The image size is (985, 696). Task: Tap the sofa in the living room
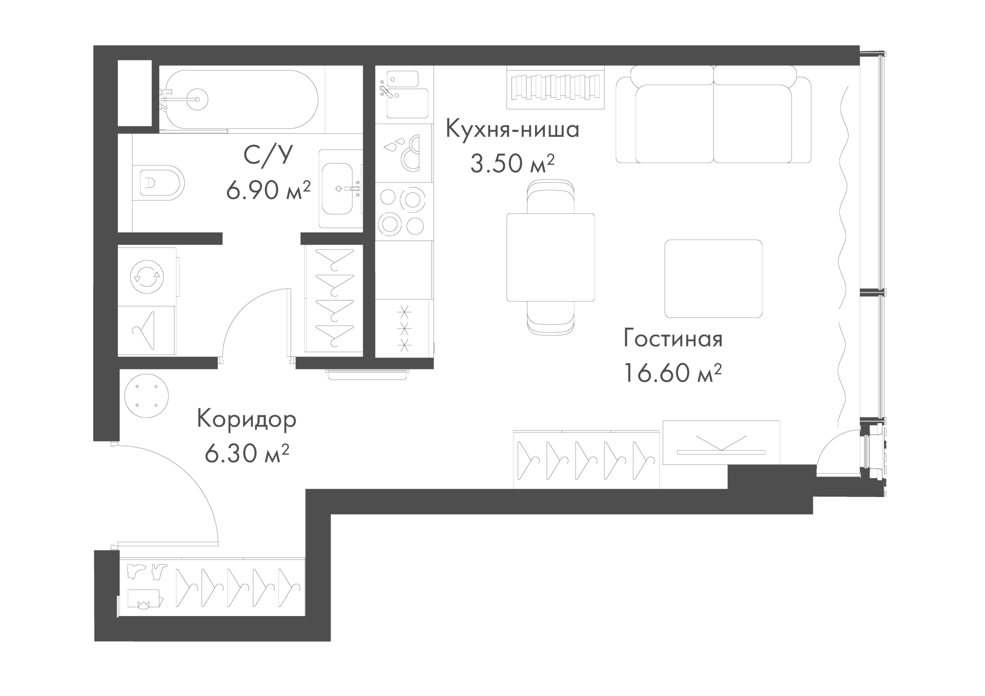[713, 114]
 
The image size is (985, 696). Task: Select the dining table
[550, 257]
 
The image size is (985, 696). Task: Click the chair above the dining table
[550, 196]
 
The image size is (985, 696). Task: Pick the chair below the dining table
[550, 319]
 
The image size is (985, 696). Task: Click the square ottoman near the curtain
[713, 279]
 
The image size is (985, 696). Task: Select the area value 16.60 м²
[673, 372]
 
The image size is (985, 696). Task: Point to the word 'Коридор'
[247, 420]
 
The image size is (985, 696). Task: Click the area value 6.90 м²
[268, 190]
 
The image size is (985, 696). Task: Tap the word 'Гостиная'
[673, 339]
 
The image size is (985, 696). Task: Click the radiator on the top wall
[556, 88]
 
